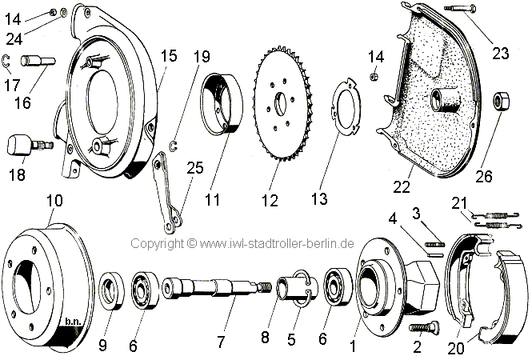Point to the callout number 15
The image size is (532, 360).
[169, 56]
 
